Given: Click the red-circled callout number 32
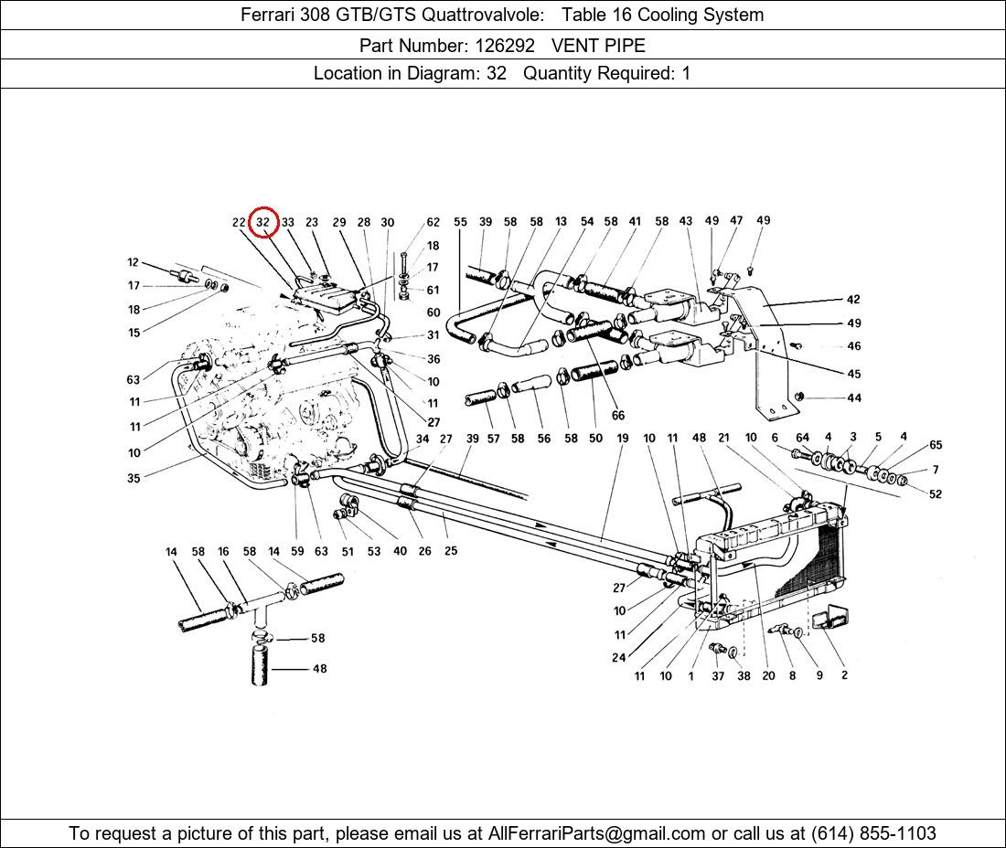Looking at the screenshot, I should pos(263,222).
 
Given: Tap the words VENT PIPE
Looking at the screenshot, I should pos(598,45).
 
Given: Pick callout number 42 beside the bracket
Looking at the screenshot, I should pos(853,300).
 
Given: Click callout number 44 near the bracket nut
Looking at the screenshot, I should pos(854,398).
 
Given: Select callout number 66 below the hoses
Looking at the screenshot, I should pos(618,416).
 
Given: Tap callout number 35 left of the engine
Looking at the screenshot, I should pos(134,478).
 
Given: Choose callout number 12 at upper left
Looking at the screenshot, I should pos(134,263).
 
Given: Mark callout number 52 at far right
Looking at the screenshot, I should pos(935,494).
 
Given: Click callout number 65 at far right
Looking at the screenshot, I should pos(936,446).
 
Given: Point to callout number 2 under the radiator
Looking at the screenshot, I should pos(844,675).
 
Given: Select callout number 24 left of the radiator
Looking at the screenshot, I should pos(619,657).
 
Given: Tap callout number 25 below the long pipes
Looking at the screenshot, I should pos(451,551).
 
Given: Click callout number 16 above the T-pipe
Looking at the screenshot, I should pos(223,552).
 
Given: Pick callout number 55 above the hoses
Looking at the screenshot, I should pos(460,222).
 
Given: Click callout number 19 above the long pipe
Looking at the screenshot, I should pos(622,439).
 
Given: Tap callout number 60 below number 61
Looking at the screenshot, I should pos(433,313).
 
